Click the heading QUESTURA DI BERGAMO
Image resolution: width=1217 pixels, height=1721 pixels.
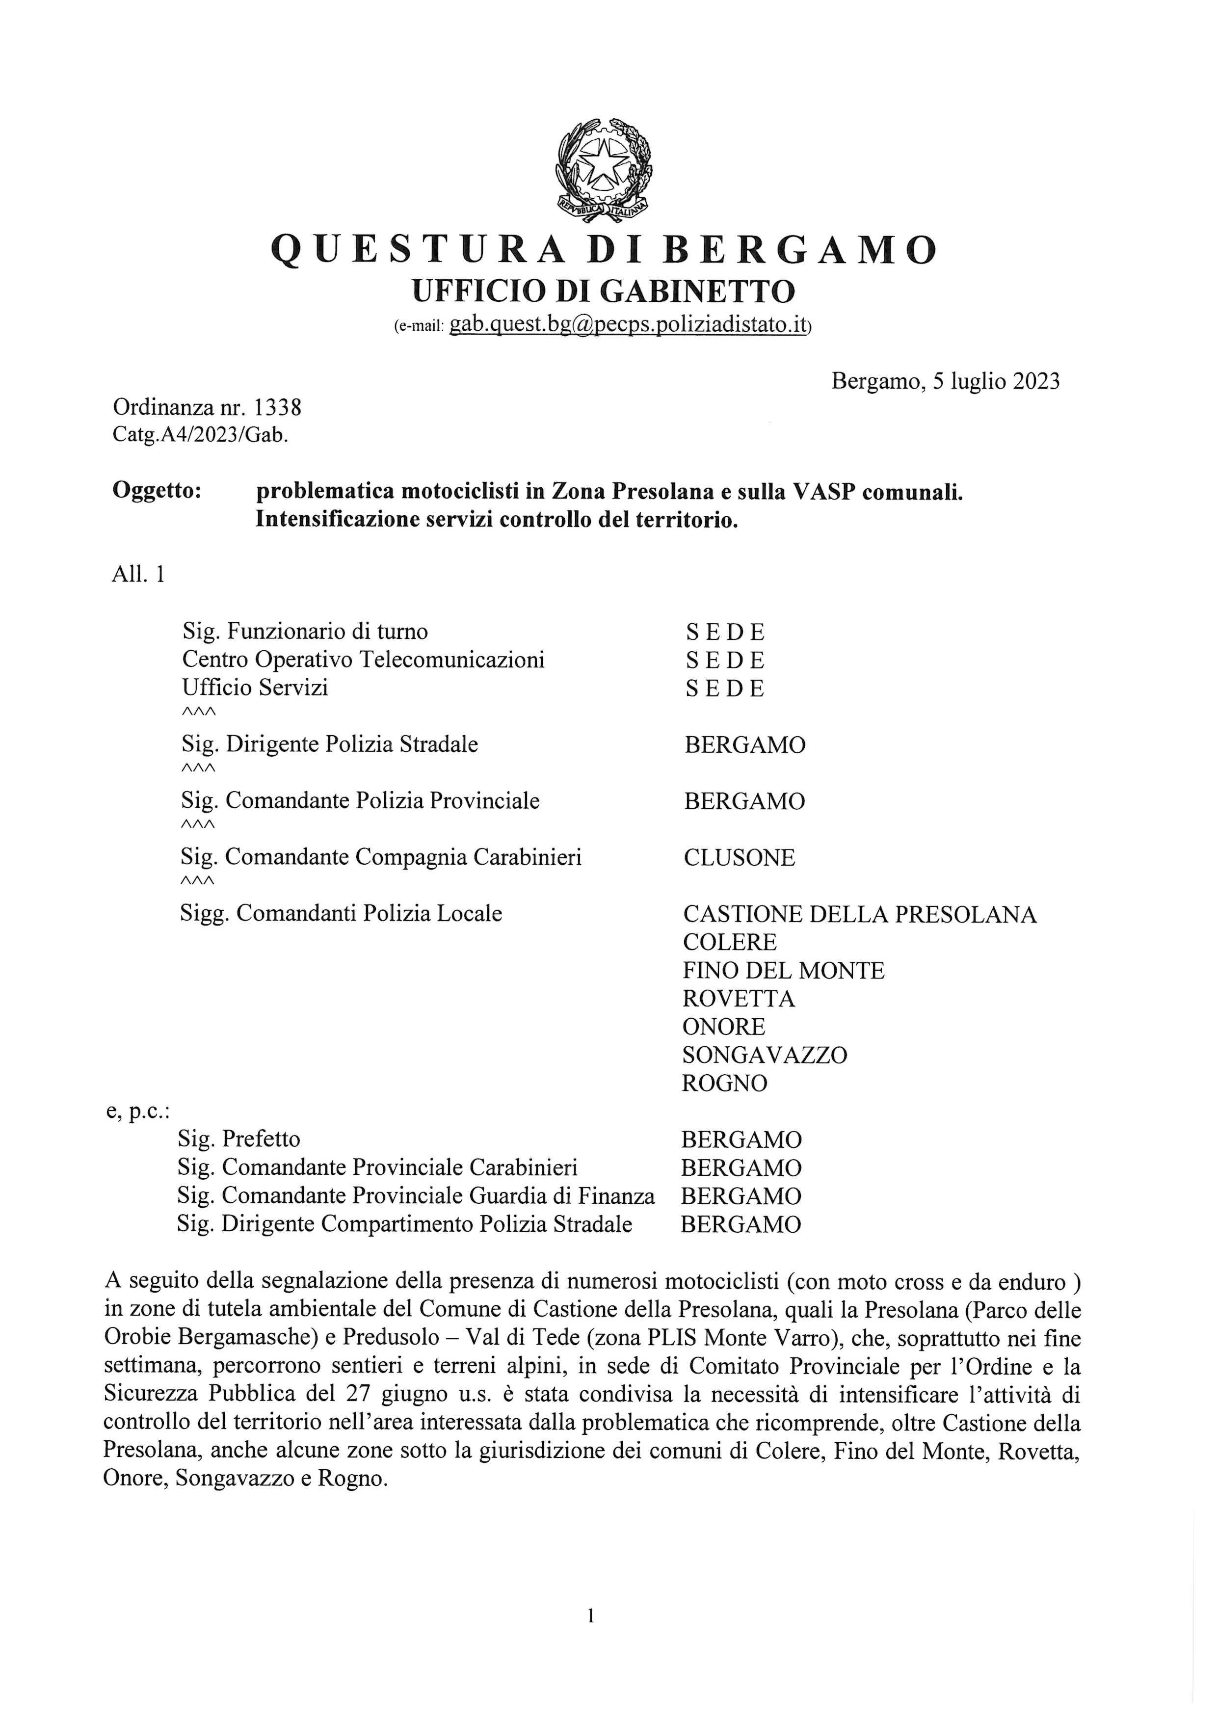pos(604,250)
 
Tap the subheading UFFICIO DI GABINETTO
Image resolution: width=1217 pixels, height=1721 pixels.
pos(604,291)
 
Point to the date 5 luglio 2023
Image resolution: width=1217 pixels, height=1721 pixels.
pos(996,381)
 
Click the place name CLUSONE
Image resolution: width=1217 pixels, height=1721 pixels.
pos(739,857)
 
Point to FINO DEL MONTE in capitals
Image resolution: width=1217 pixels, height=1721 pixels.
pos(783,971)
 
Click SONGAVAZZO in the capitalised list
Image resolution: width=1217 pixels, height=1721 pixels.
pos(765,1056)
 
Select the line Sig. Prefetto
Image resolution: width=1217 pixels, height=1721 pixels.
pos(238,1139)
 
